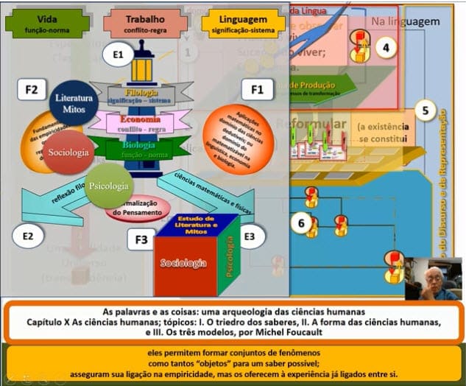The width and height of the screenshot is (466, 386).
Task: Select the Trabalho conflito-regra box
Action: pyautogui.click(x=134, y=23)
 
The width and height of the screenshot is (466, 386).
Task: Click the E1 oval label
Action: pyautogui.click(x=118, y=54)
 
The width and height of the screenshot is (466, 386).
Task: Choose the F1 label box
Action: pyautogui.click(x=258, y=90)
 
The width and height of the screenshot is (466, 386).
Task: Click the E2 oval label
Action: pyautogui.click(x=28, y=236)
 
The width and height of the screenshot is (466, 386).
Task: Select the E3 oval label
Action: pyautogui.click(x=250, y=236)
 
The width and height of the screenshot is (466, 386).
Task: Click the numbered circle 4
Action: pyautogui.click(x=386, y=49)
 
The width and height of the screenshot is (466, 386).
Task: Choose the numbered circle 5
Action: pyautogui.click(x=425, y=111)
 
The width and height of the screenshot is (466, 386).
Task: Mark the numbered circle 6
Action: pyautogui.click(x=300, y=221)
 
